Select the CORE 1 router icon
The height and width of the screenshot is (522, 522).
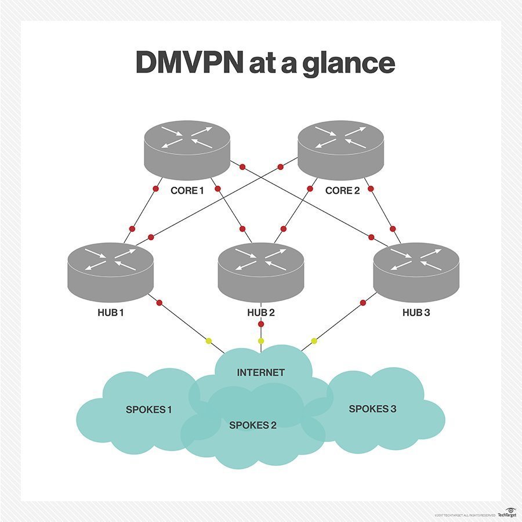[187, 149]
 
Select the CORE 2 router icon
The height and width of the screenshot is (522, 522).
[340, 149]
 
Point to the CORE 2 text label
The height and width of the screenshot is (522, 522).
[342, 191]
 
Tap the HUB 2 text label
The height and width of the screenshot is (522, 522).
[260, 313]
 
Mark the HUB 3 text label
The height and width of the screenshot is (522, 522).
[417, 313]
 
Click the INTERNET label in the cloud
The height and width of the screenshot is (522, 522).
[261, 372]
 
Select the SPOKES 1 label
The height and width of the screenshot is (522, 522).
[148, 409]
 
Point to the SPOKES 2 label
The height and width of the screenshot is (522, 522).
[253, 425]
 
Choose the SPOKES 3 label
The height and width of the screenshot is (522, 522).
[372, 409]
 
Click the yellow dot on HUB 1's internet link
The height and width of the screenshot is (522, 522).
[209, 340]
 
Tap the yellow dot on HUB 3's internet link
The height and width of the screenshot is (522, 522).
[314, 340]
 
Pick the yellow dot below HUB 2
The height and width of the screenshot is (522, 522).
[261, 340]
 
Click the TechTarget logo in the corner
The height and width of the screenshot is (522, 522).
[506, 513]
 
